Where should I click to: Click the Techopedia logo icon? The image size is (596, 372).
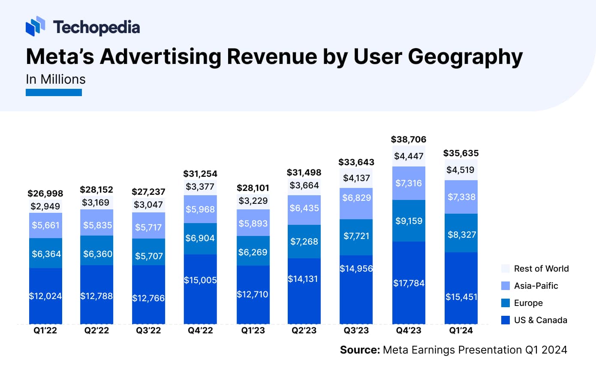pos(35,27)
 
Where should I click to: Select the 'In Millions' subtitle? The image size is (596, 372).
pos(55,79)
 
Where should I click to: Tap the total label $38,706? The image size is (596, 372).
pos(409,139)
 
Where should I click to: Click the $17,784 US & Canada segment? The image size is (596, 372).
pos(409,283)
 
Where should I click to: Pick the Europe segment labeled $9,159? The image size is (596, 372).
pos(409,221)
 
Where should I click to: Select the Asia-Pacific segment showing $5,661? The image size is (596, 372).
pos(45,225)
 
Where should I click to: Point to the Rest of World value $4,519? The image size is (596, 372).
pos(461,169)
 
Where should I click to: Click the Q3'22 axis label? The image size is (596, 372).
pos(148,331)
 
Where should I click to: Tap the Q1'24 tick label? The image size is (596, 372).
pos(461,331)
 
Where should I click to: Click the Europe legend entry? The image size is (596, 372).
pos(528,303)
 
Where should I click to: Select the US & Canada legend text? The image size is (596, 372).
pos(541,320)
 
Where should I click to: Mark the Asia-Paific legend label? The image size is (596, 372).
pos(536,286)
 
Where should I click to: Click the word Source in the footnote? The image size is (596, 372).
pos(359,350)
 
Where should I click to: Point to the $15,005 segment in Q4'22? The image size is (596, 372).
pos(200,280)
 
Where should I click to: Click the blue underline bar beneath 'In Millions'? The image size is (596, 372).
pos(54,92)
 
